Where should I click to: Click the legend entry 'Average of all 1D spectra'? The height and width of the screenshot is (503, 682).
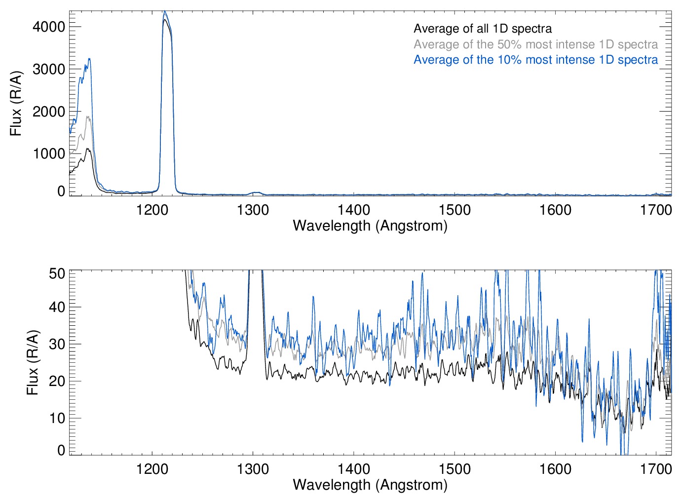(483, 29)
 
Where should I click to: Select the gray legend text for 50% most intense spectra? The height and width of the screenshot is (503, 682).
(535, 44)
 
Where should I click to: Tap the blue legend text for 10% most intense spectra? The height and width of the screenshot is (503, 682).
(535, 60)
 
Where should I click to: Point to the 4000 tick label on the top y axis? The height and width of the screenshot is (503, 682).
(49, 27)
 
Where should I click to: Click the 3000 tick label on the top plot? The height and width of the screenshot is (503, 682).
(49, 69)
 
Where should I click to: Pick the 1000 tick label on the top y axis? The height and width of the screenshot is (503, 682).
(49, 154)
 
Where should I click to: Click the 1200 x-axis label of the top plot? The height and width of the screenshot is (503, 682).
(152, 210)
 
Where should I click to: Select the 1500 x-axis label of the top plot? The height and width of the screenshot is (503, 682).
(455, 210)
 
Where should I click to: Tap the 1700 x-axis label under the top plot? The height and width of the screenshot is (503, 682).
(656, 210)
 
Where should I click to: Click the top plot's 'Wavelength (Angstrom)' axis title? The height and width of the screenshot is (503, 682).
(370, 226)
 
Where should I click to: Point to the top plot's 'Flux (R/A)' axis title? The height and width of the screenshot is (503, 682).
(16, 104)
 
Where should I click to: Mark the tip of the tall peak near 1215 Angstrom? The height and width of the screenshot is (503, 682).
(165, 11)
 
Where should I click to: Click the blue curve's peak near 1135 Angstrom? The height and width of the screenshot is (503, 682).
(89, 59)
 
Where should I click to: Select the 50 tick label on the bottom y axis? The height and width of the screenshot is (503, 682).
(57, 273)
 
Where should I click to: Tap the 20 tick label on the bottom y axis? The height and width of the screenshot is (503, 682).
(57, 381)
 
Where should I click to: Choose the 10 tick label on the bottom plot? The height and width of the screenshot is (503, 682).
(57, 418)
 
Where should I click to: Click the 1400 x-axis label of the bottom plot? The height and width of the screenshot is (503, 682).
(354, 468)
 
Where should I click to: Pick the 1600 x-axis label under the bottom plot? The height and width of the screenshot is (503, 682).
(555, 468)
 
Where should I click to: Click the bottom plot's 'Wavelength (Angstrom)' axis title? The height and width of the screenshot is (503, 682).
(370, 485)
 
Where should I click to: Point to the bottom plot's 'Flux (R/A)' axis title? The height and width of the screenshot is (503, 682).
(33, 363)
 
